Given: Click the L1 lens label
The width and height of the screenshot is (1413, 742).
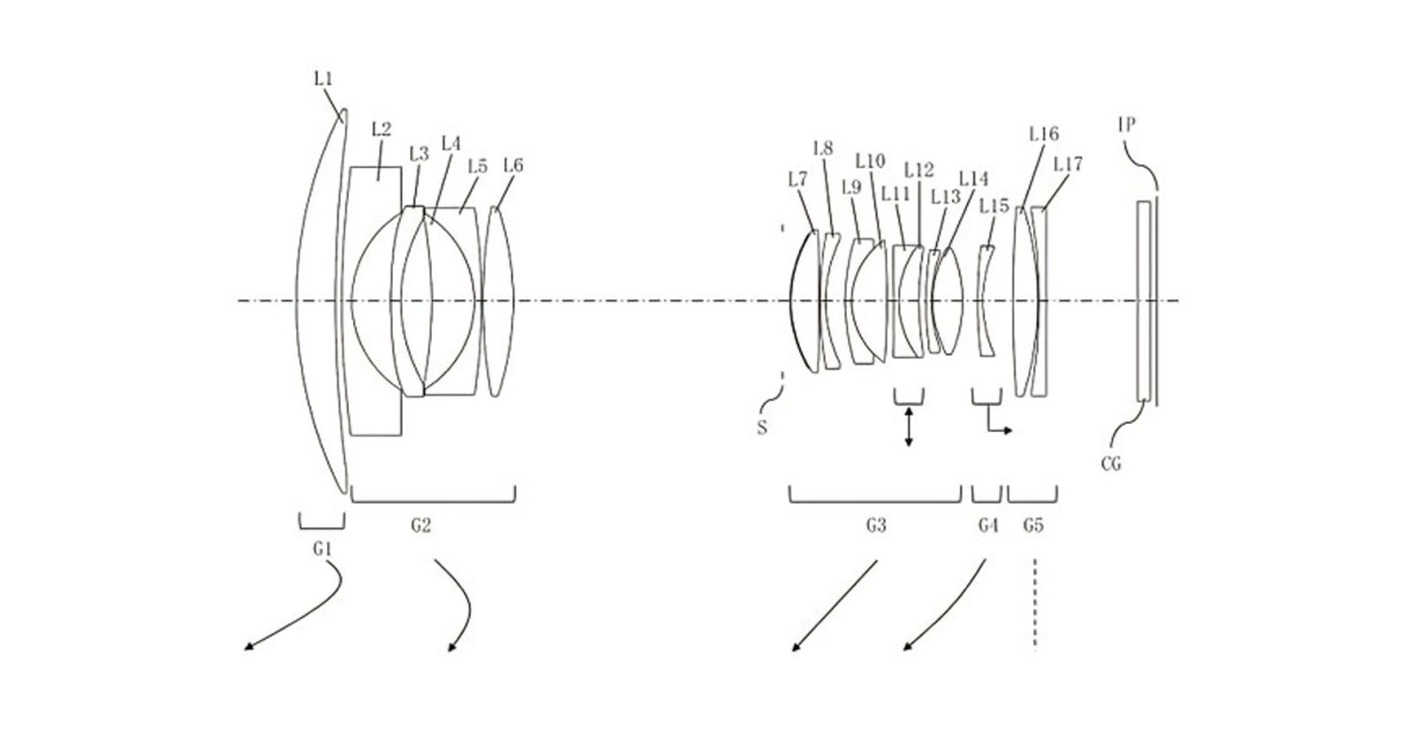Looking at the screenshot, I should click(x=323, y=79).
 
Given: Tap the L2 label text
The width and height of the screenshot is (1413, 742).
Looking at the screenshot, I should click(x=382, y=129).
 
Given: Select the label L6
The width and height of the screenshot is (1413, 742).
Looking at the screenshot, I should click(x=512, y=164).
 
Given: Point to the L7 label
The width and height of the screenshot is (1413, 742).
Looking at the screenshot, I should click(x=797, y=179).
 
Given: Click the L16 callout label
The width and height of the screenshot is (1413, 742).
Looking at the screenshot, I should click(x=1043, y=134).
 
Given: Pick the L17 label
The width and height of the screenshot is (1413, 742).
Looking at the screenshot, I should click(x=1067, y=164).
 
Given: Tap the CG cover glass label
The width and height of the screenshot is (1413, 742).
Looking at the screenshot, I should click(x=1111, y=462).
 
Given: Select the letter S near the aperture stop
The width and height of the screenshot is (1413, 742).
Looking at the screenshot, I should click(x=761, y=428).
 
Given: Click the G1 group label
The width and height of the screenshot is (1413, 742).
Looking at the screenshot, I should click(x=322, y=549).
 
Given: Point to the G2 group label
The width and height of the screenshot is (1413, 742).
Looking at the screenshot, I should click(x=421, y=526).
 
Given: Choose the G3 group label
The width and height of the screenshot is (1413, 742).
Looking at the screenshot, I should click(x=874, y=526).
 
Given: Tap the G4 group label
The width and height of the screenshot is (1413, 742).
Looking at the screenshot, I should click(x=987, y=526).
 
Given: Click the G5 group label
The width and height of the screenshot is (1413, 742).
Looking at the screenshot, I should click(x=1032, y=526).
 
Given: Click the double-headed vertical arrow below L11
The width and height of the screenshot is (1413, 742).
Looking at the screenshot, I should click(x=909, y=429).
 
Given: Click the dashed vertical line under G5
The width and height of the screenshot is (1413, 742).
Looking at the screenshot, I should click(x=1033, y=605).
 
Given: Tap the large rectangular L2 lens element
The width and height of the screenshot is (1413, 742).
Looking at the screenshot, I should click(x=374, y=300).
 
